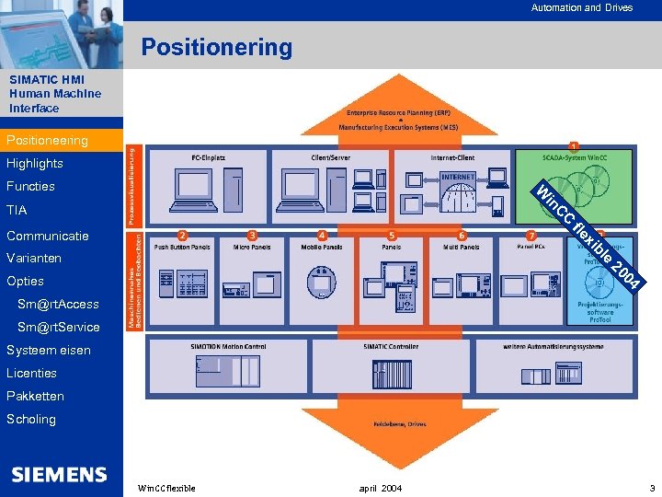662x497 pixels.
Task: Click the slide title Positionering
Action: pos(216,47)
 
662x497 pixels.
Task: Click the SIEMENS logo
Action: pos(60,474)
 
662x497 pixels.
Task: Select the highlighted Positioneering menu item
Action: pos(48,140)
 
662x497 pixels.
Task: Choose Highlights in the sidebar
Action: pos(35,163)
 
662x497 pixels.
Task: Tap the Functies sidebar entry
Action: pos(30,186)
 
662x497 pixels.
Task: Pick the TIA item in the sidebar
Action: pos(17,210)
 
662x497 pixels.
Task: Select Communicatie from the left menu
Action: pos(48,236)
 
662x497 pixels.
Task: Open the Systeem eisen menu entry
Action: pos(49,350)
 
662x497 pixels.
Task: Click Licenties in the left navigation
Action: pos(31,373)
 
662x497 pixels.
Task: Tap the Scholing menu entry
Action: pos(31,419)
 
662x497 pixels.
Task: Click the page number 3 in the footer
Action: pos(652,487)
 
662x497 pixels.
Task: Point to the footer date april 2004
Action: pos(380,487)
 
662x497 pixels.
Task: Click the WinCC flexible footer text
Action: pos(165,487)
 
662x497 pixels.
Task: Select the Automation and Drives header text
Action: pos(581,7)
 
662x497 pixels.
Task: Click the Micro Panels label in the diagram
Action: pos(252,247)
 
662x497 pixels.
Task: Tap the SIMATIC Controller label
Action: pos(391,346)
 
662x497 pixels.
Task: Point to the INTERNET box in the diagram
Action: pos(458,176)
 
